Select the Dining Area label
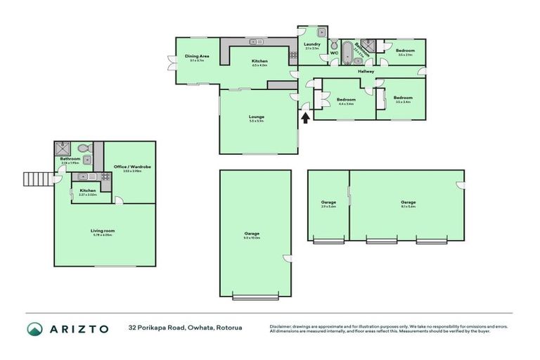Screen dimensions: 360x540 [x=197, y=58]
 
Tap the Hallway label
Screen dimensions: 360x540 [x=366, y=71]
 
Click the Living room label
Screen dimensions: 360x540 [x=103, y=231]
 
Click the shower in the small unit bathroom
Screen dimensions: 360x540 [x=63, y=148]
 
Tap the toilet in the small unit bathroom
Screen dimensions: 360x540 [x=83, y=148]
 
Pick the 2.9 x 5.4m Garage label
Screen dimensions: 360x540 [x=328, y=205]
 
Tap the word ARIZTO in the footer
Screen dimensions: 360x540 [x=79, y=328]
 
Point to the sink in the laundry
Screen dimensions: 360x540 [x=320, y=32]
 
